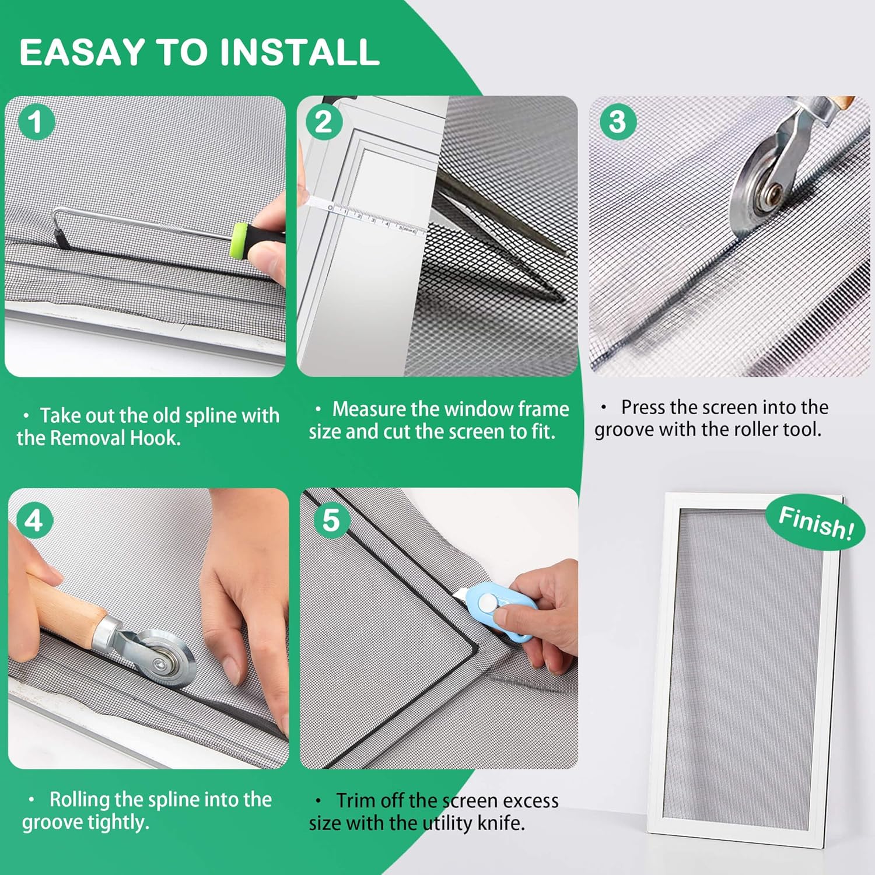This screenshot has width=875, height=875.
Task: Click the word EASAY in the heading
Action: pos(83,52)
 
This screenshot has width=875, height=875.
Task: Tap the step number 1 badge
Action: pos(36,122)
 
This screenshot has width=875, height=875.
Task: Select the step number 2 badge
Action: pos(324,122)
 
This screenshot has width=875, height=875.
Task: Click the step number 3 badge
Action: pos(618,122)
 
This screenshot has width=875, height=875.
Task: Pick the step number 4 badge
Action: pos(34,520)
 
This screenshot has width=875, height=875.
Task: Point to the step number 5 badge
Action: pos(331,520)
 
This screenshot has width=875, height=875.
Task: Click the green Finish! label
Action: pos(815,521)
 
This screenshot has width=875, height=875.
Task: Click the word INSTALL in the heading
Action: pos(300,52)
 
